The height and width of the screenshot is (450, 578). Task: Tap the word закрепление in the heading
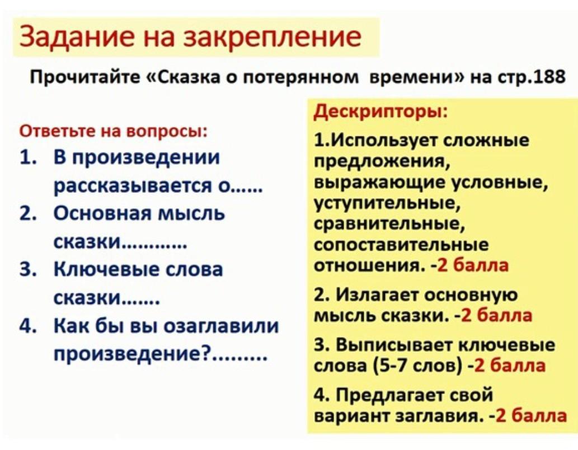272,37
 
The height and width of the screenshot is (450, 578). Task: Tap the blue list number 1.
28,157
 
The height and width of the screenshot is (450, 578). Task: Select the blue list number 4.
28,326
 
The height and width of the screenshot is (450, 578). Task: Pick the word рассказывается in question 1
133,186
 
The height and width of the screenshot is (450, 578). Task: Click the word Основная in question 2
102,213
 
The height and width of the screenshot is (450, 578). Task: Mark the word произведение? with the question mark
131,354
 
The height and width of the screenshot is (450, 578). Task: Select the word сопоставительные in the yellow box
401,245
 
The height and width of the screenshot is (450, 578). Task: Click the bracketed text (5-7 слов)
417,365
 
